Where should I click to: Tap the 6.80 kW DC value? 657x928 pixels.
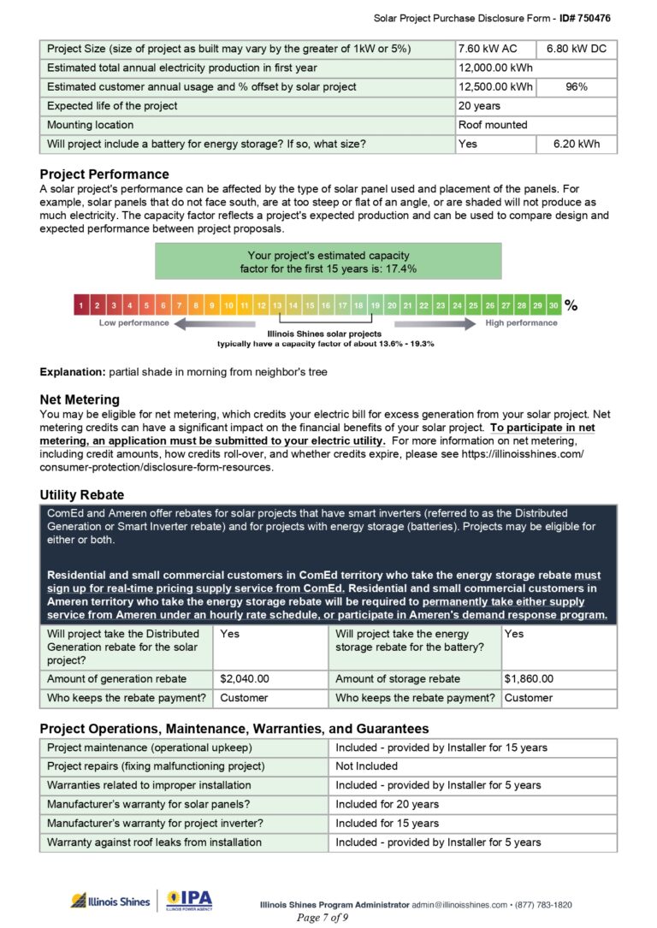coord(577,50)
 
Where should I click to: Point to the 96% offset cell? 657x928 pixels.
coord(577,87)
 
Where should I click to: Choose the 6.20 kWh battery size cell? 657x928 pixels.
coord(577,144)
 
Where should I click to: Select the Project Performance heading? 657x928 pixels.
coord(104,174)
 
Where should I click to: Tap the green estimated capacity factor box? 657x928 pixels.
coord(328,262)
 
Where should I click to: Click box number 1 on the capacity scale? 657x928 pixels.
coord(80,305)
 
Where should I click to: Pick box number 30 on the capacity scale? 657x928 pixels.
coord(553,305)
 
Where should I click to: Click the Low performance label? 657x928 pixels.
coord(133,323)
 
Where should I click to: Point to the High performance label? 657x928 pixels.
coord(521,323)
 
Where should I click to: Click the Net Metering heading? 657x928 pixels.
coord(80,399)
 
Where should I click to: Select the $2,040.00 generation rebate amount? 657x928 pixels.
coord(245,679)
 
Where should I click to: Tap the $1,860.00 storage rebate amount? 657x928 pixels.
coord(529,679)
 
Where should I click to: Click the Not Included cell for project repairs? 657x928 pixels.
coord(366,766)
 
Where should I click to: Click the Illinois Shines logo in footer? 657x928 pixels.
coord(110,901)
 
